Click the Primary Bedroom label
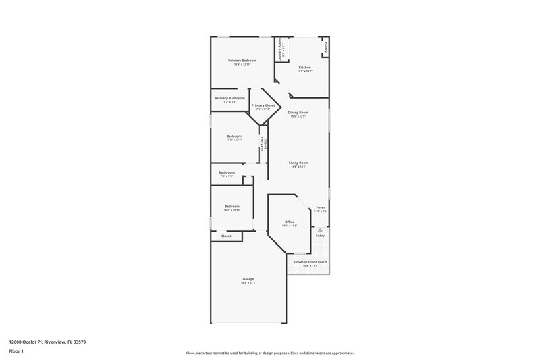(x=242, y=61)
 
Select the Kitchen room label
(x=304, y=67)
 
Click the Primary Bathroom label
(x=230, y=99)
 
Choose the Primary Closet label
(x=263, y=105)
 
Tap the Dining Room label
(x=298, y=112)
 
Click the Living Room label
(x=298, y=162)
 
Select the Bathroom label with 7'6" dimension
(x=227, y=172)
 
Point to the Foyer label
(x=320, y=207)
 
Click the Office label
(x=290, y=222)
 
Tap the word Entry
(x=320, y=235)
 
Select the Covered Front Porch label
(x=310, y=261)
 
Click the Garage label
(x=248, y=279)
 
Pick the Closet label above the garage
(x=226, y=236)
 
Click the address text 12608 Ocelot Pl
(x=47, y=342)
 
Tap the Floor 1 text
(x=16, y=352)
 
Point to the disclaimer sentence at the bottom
(x=269, y=353)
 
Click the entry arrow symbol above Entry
(x=320, y=230)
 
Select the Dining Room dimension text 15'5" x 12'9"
(x=298, y=116)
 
